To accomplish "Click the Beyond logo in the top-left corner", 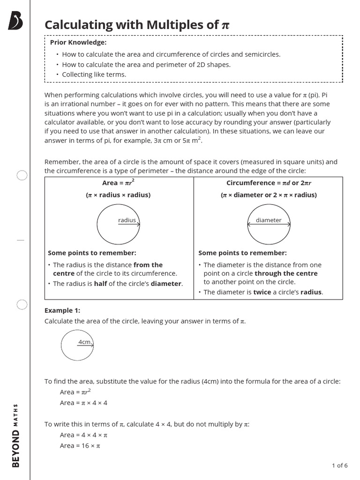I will (15, 22).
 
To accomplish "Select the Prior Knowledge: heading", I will (78, 43).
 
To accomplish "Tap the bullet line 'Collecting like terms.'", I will (94, 75).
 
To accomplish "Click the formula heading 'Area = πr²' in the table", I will (119, 183).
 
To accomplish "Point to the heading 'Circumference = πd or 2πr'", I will (269, 183).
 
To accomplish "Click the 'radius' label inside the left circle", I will (127, 220).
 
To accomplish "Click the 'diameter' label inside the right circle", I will (269, 220).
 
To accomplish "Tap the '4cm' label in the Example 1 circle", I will (84, 342).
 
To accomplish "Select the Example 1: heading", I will (62, 310).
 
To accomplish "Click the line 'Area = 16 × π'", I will (80, 446).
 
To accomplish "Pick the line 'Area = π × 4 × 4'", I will (83, 403).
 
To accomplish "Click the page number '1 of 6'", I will (339, 465).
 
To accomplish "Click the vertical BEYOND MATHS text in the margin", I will (15, 435).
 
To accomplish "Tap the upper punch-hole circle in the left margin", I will (22, 175).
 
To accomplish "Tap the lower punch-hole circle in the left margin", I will (22, 305).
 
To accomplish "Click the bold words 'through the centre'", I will (286, 273).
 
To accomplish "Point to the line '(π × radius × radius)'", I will (119, 195).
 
